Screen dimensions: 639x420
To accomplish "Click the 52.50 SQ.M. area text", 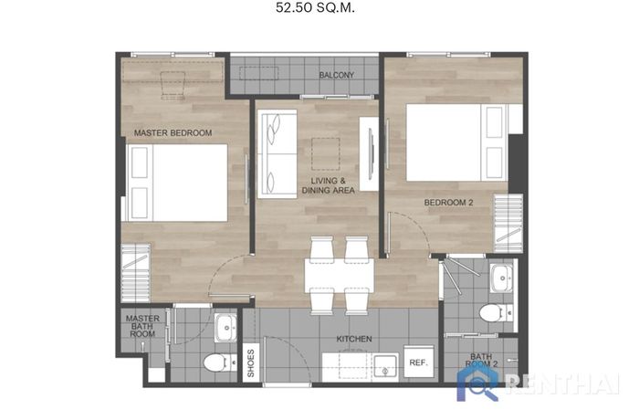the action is tap(315, 7).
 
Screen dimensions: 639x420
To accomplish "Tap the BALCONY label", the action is tap(336, 75).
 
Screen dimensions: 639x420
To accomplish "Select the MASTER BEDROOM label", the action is tap(173, 133).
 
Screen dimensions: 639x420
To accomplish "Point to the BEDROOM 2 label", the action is tap(448, 203).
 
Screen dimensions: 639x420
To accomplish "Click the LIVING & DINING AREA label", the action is tap(328, 185).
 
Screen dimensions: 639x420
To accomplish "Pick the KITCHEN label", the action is tap(354, 339).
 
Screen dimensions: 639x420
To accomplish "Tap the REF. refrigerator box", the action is tap(418, 362).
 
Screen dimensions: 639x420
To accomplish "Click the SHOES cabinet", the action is tap(251, 362).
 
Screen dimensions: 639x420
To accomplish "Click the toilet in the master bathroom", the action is tap(220, 362).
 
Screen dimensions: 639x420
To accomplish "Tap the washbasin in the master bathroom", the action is tap(225, 328).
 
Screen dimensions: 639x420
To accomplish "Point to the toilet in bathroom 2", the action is tap(496, 313).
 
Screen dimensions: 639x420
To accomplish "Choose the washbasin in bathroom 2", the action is tap(502, 278).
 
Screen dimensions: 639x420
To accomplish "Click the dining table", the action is tap(339, 275).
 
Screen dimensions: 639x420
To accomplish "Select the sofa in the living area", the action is tap(278, 153).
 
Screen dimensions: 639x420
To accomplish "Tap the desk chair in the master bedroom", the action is tap(173, 85).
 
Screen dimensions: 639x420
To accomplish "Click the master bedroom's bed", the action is tap(176, 183).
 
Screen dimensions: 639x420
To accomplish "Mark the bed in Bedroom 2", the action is tap(456, 142).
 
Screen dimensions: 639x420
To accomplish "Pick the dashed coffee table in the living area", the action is tap(326, 154).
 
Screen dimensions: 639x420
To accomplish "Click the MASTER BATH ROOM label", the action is tap(142, 326).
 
